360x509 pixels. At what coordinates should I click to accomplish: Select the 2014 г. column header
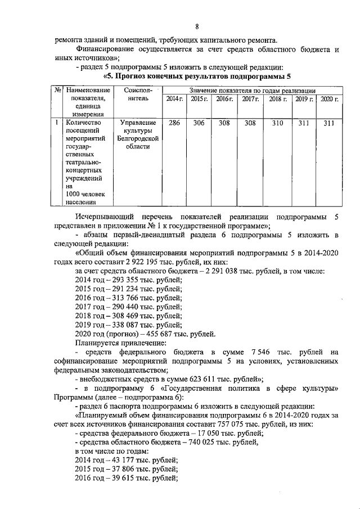174,99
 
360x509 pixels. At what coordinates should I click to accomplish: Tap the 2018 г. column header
277,99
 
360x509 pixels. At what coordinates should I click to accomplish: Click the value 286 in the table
174,122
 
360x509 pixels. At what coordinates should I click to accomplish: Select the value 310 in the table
277,122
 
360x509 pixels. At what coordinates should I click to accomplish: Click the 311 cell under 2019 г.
304,122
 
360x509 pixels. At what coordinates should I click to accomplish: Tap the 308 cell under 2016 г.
224,122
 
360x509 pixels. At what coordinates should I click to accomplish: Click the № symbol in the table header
57,90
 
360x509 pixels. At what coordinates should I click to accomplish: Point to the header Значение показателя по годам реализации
252,90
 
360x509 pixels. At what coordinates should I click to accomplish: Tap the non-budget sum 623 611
190,379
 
